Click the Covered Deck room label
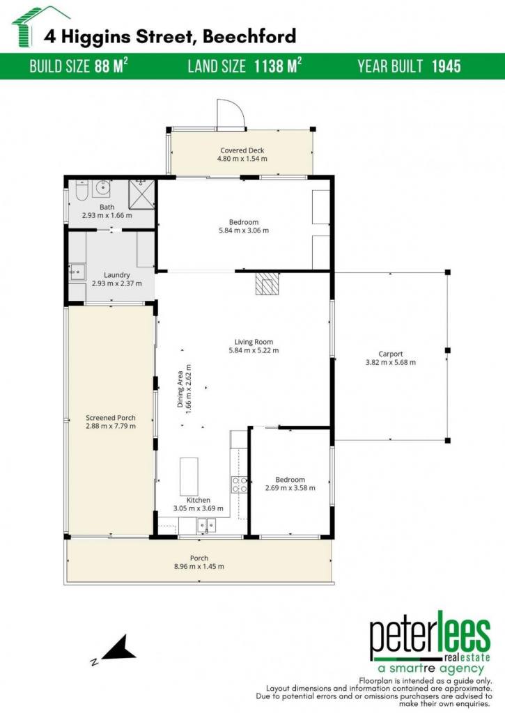[x=242, y=150]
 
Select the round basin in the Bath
[x=102, y=188]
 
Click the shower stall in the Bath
[x=141, y=194]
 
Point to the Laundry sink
[x=77, y=272]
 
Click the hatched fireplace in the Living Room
[x=266, y=284]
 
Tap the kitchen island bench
[x=189, y=476]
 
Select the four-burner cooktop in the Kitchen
[x=240, y=485]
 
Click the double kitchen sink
[x=207, y=526]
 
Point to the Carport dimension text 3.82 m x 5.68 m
[x=390, y=362]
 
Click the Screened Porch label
[x=111, y=418]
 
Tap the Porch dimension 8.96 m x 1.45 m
[x=199, y=567]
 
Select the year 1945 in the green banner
[x=446, y=66]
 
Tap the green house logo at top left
[x=39, y=26]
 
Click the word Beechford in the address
[x=249, y=36]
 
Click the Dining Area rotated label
[x=185, y=389]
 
